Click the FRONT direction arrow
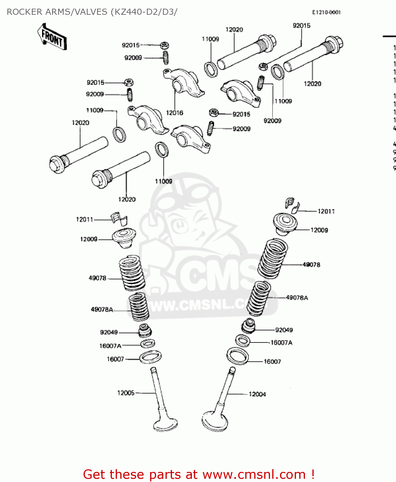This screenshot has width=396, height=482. click(x=51, y=37)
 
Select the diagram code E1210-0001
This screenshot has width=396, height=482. click(x=326, y=13)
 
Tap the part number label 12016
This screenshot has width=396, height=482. click(x=175, y=113)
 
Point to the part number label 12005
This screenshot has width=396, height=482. click(x=126, y=393)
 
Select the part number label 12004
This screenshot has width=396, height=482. click(x=257, y=394)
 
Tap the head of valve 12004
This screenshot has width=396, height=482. click(x=215, y=421)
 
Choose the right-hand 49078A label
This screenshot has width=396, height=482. click(x=297, y=298)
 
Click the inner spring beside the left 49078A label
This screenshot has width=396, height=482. click(x=139, y=307)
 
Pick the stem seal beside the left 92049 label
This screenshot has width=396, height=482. click(x=145, y=331)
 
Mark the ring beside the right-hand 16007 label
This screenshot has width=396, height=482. click(x=238, y=356)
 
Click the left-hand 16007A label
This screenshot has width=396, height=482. click(x=110, y=346)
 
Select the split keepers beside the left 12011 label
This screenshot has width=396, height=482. click(x=119, y=219)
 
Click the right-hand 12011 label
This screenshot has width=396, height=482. click(x=326, y=211)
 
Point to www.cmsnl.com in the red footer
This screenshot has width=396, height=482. click(x=254, y=475)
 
